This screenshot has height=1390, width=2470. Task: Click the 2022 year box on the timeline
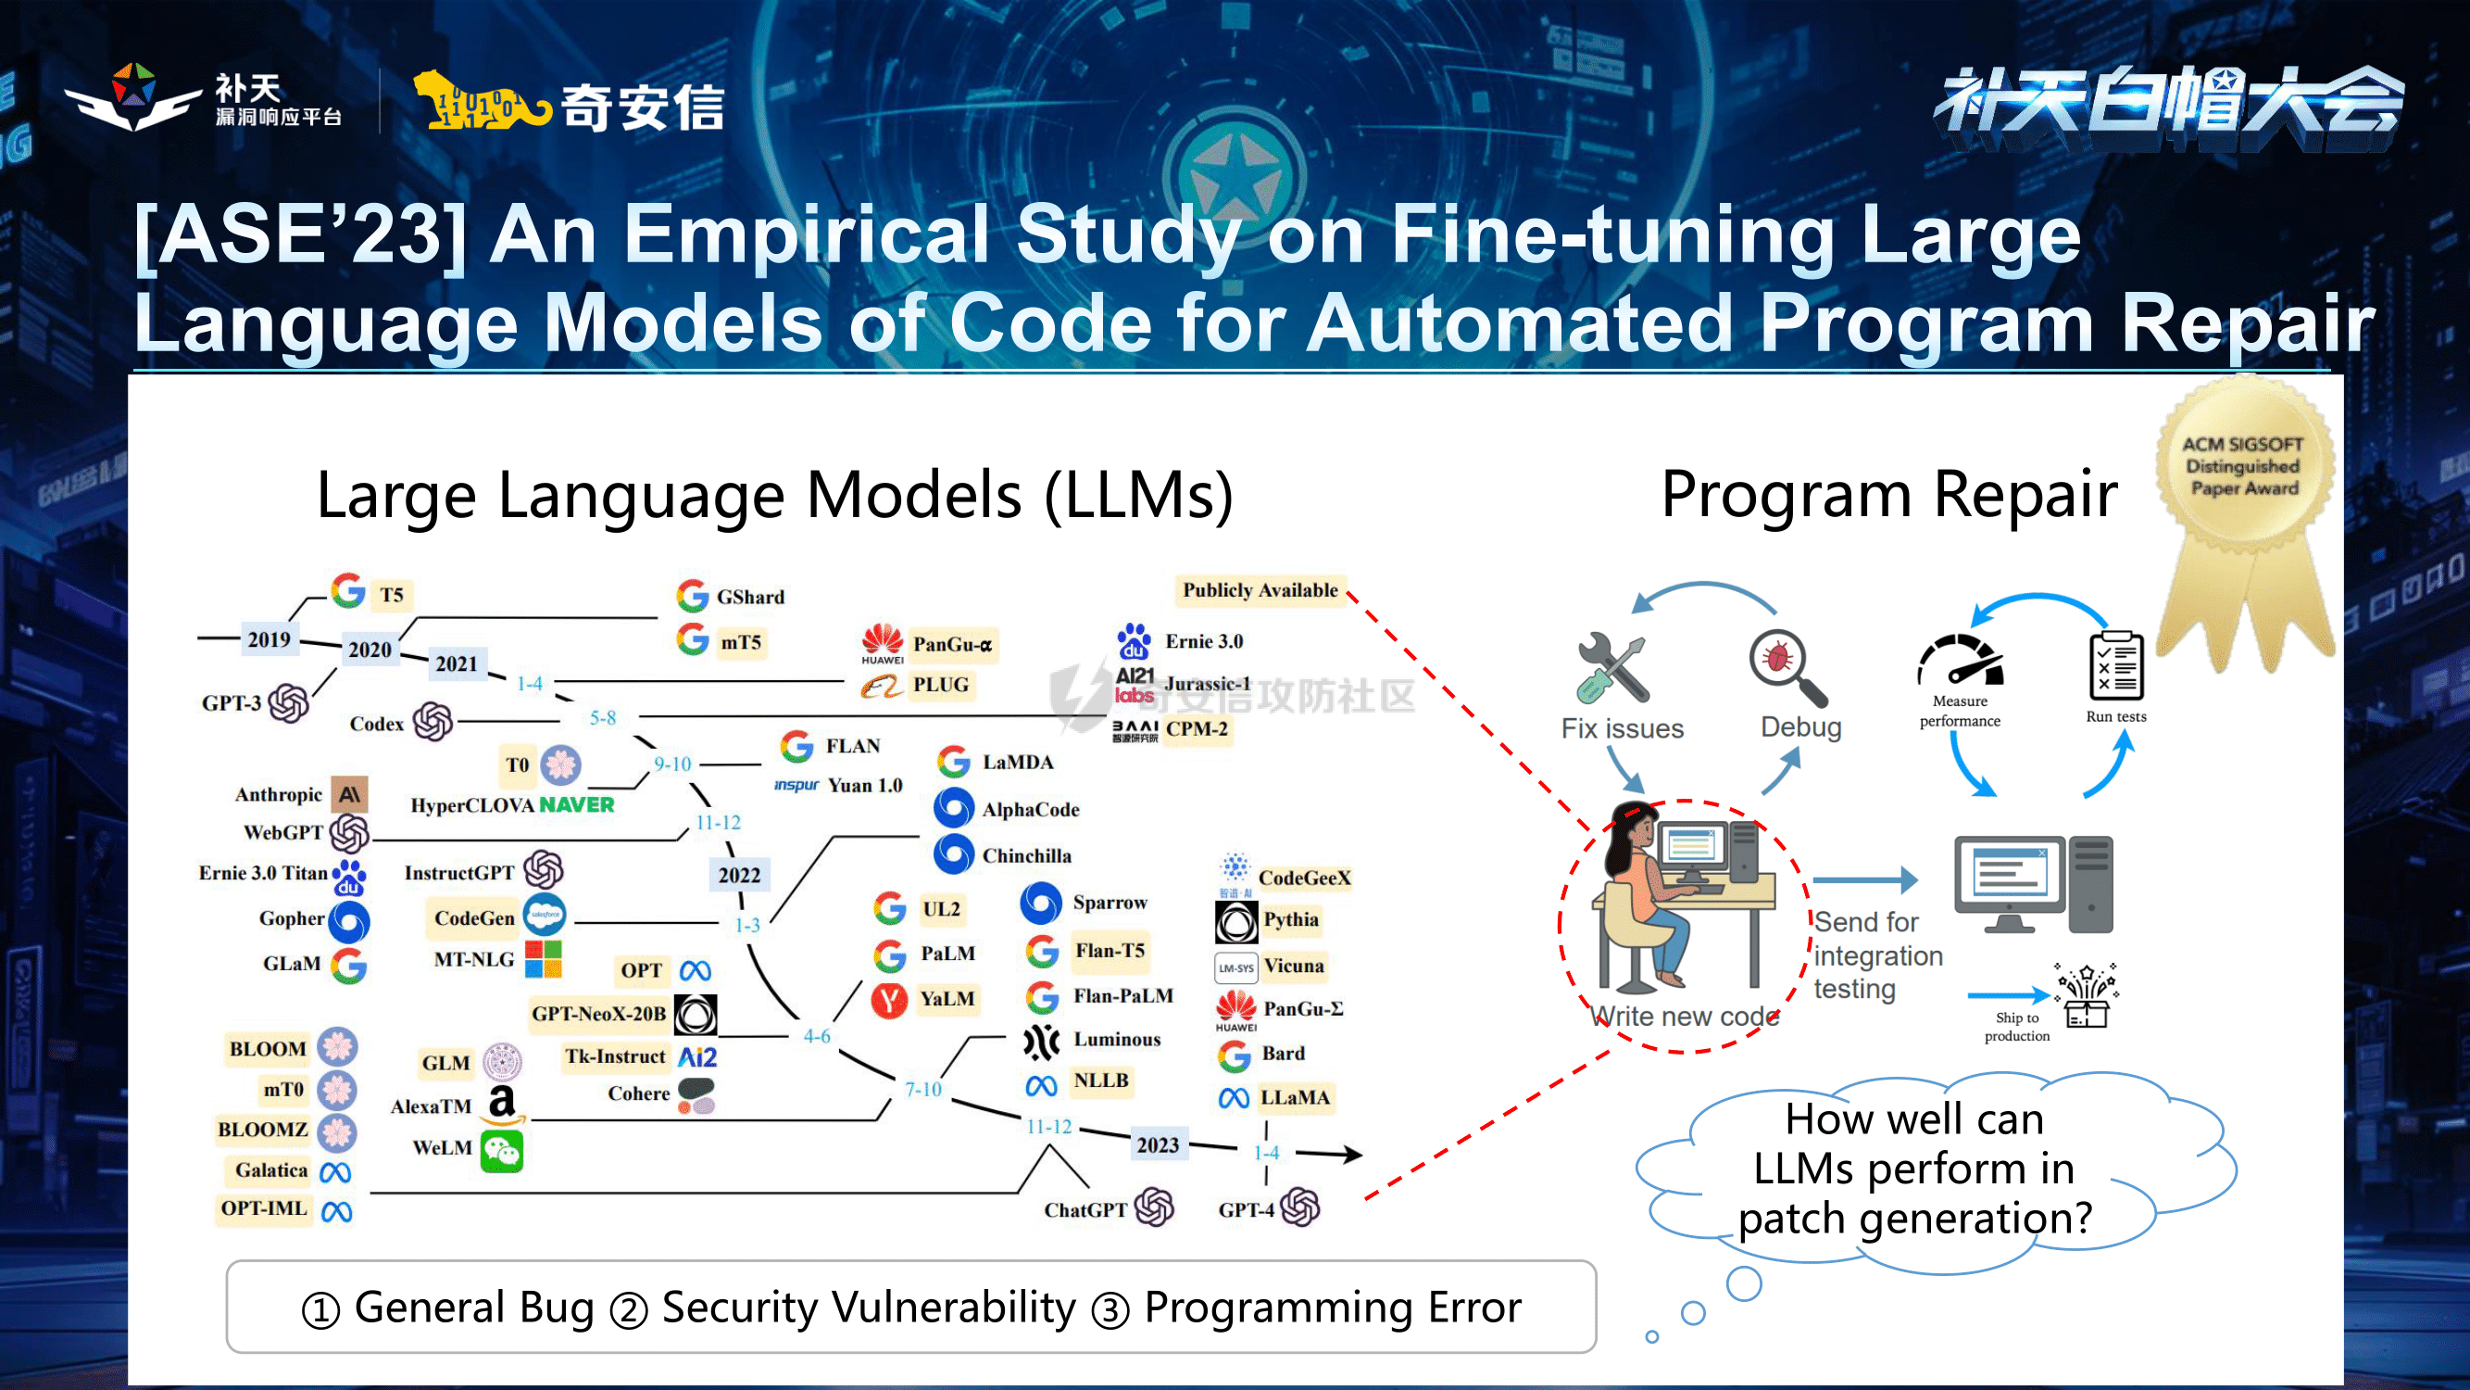[739, 874]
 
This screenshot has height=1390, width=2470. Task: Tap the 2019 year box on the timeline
[269, 639]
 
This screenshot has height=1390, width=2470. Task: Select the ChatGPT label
[1085, 1208]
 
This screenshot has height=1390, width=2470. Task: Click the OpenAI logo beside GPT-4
[1301, 1207]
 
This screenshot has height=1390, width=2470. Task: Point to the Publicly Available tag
[1260, 590]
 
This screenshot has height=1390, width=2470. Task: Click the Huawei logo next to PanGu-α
[882, 642]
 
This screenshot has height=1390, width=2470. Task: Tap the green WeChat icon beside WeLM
[503, 1149]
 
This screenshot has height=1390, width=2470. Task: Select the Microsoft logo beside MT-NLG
[544, 959]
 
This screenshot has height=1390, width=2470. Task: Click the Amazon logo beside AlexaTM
[503, 1105]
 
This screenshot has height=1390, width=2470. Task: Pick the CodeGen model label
[474, 918]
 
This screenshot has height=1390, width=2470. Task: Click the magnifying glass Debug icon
[1787, 667]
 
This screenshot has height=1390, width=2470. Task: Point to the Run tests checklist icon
[2116, 665]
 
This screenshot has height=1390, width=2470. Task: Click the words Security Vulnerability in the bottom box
[869, 1307]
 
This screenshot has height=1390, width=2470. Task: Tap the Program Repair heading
[1889, 495]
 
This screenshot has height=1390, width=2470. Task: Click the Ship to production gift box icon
[2088, 999]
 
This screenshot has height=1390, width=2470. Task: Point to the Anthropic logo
[349, 794]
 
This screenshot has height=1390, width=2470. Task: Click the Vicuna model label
[1294, 966]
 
